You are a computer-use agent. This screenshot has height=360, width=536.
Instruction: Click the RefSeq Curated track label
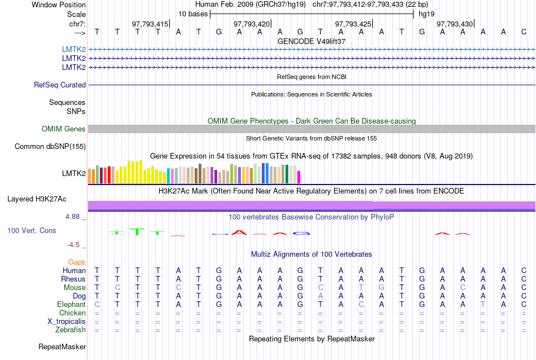60,85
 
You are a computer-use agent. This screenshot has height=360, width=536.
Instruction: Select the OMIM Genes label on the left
64,129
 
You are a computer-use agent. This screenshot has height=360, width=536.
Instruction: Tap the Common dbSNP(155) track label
50,147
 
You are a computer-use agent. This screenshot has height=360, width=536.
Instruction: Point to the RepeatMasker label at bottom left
62,346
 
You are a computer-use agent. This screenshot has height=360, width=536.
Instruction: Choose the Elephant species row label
71,304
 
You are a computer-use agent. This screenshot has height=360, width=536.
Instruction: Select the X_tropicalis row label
67,321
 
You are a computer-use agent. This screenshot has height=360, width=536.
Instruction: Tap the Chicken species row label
72,313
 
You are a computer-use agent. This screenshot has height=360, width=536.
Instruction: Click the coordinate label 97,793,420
252,24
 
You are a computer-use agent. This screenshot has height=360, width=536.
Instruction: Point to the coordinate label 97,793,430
455,24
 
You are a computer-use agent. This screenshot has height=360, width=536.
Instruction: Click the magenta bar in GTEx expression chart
299,177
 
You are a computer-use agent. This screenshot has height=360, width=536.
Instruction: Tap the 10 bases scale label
193,14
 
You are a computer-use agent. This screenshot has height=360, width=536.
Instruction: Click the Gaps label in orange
77,262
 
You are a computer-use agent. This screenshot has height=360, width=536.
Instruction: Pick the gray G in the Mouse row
381,287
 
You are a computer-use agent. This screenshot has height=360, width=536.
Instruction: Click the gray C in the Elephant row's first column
97,304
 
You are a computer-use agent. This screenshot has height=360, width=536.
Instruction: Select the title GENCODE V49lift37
311,41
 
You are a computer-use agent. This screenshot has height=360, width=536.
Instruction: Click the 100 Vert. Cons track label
32,231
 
